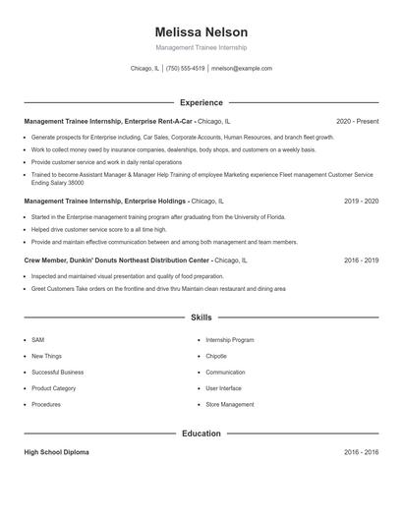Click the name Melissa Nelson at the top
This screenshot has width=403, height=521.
click(201, 32)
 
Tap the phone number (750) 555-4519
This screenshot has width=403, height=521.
click(185, 69)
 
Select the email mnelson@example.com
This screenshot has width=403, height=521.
click(242, 69)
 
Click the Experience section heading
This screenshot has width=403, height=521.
click(201, 102)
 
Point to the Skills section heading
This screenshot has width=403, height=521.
click(201, 318)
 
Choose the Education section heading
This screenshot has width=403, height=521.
click(201, 434)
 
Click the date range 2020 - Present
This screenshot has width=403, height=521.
click(357, 122)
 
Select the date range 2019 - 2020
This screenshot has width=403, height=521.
click(361, 201)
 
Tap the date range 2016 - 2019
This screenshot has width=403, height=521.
click(361, 260)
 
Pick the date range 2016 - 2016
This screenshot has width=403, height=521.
click(361, 452)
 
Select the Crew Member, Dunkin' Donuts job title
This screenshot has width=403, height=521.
click(117, 260)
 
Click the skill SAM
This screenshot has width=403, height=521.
click(37, 340)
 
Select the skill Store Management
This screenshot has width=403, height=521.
click(229, 404)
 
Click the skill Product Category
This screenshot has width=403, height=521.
click(53, 388)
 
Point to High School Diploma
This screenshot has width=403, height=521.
click(56, 452)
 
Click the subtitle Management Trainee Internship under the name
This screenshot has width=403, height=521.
click(201, 47)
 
